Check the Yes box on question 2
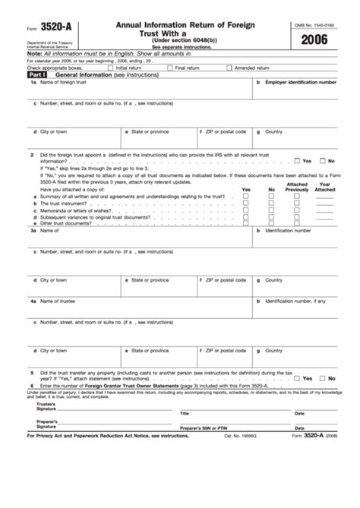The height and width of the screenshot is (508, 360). [296, 161]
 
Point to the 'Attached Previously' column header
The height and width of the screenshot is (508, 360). [297, 187]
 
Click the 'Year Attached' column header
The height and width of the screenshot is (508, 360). [324, 187]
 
